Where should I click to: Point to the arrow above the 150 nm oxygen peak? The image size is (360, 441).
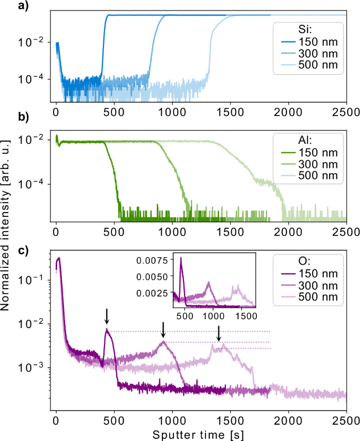pyautogui.click(x=107, y=316)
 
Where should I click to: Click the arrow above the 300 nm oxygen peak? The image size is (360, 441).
pyautogui.click(x=163, y=329)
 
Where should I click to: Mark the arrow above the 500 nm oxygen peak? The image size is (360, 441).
pyautogui.click(x=219, y=333)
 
